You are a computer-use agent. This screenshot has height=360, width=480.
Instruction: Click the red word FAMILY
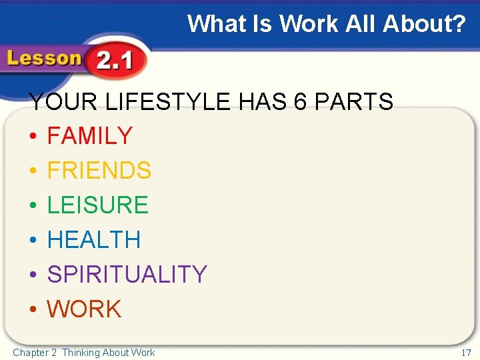pyautogui.click(x=90, y=136)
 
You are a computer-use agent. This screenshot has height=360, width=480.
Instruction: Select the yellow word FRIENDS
pyautogui.click(x=99, y=171)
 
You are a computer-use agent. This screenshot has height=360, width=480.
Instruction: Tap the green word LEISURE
pyautogui.click(x=98, y=205)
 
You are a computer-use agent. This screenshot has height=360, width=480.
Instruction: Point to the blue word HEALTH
pyautogui.click(x=94, y=240)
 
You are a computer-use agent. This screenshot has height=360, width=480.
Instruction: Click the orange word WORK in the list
pyautogui.click(x=85, y=309)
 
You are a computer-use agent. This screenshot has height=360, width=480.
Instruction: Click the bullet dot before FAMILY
pyautogui.click(x=32, y=137)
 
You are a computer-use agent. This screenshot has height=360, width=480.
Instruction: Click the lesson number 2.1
pyautogui.click(x=114, y=63)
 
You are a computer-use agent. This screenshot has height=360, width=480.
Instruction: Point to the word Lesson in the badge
pyautogui.click(x=44, y=59)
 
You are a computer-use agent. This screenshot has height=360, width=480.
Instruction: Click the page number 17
pyautogui.click(x=466, y=352)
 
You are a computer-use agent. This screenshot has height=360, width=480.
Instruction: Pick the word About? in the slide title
pyautogui.click(x=424, y=24)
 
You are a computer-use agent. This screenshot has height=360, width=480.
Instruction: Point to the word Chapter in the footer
pyautogui.click(x=31, y=352)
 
